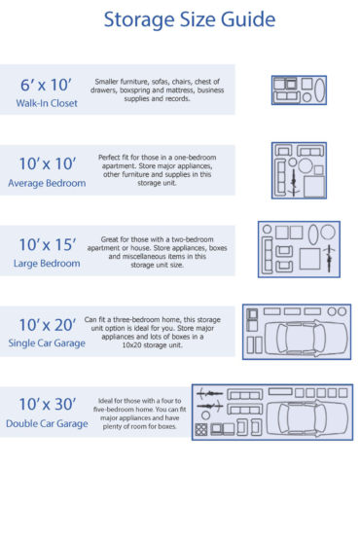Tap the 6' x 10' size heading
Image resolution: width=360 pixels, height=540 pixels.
coord(46,85)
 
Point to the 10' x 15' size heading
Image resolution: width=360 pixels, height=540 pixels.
coord(46,243)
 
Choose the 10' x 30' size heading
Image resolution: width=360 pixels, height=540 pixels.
coord(46,404)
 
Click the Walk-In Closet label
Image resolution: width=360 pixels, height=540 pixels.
coord(46,104)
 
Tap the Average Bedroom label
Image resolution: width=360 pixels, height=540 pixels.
coord(46,183)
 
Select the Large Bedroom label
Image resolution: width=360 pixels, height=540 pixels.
coord(46,263)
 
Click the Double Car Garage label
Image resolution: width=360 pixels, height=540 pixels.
coord(46,423)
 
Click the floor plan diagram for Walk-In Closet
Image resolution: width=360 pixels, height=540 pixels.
coord(298,90)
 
